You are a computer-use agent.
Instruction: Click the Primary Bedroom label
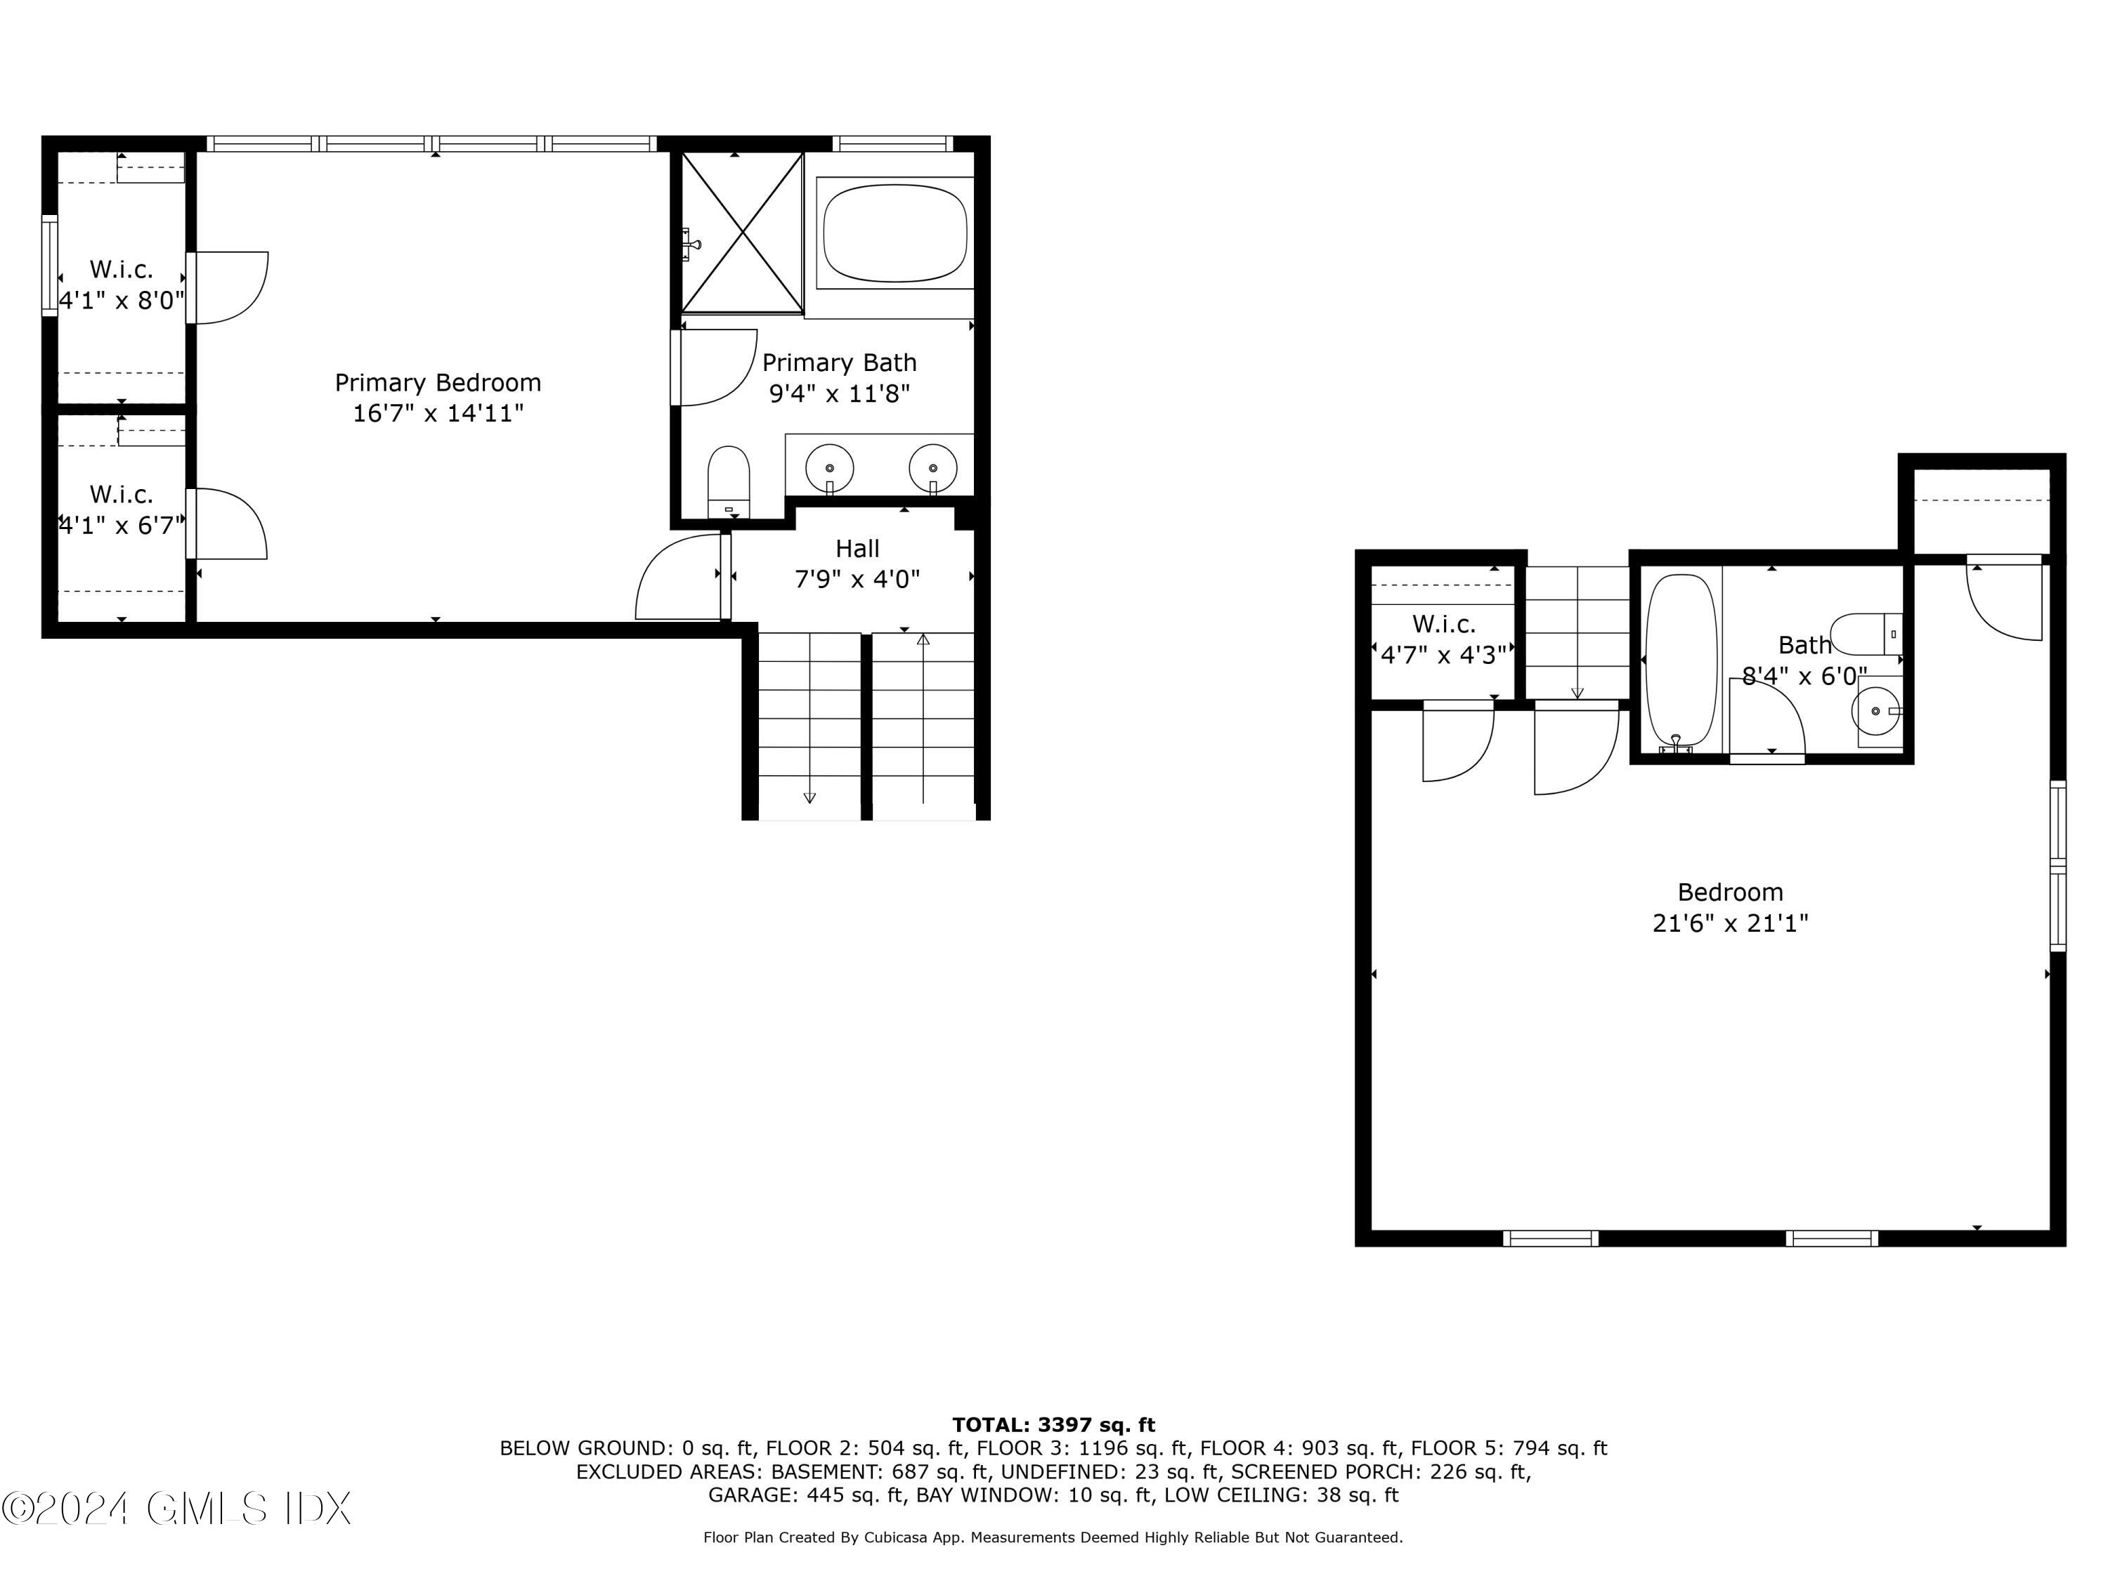(x=438, y=383)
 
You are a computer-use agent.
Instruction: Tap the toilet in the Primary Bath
(x=729, y=481)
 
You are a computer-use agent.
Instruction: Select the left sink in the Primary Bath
(x=829, y=468)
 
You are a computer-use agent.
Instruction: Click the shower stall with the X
(x=743, y=233)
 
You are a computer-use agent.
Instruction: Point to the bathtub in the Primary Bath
(x=895, y=233)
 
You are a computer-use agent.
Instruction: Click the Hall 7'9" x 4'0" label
(x=857, y=564)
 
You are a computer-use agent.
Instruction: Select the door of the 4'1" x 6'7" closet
(x=228, y=523)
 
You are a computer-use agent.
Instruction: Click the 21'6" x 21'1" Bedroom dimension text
(x=1730, y=923)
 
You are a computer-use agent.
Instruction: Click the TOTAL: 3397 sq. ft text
(x=1053, y=1425)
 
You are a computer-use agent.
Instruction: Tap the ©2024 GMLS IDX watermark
(x=176, y=1509)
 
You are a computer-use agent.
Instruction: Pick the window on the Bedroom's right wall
(x=2057, y=865)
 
